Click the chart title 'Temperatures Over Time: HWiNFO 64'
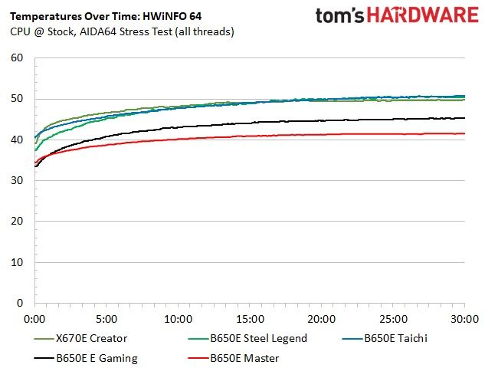(106, 16)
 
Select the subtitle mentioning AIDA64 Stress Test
(122, 31)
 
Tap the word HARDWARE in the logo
(423, 15)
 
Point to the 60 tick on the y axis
(17, 58)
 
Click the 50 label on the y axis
(17, 99)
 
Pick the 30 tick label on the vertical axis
(17, 180)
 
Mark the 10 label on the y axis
(17, 262)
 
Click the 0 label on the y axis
(20, 303)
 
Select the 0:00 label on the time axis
(34, 319)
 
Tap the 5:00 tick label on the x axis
(107, 319)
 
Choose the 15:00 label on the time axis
(250, 319)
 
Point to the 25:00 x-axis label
(394, 319)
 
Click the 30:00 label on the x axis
(464, 319)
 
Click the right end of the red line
(464, 133)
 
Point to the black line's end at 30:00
(464, 118)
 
